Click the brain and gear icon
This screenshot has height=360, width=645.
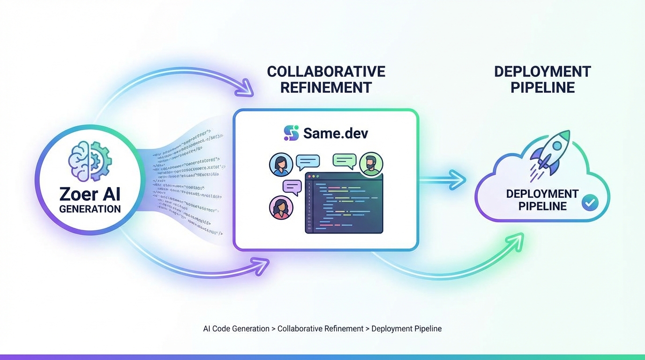click(x=90, y=162)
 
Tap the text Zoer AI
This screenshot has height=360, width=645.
click(x=90, y=194)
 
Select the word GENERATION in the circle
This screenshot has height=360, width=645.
click(x=90, y=209)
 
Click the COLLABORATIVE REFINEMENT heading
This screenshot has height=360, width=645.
click(x=326, y=79)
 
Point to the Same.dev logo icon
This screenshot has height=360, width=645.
click(x=291, y=133)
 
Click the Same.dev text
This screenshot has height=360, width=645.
click(x=335, y=133)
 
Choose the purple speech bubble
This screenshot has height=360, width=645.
click(x=292, y=187)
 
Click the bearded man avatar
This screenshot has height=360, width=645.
click(x=371, y=165)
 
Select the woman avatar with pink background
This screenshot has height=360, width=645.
click(x=281, y=207)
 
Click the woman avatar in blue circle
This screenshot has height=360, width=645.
click(x=281, y=165)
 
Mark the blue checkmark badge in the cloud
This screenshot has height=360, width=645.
click(x=589, y=202)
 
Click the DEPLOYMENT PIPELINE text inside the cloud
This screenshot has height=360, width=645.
click(x=542, y=200)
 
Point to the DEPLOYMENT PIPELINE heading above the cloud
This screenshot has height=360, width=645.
click(x=542, y=79)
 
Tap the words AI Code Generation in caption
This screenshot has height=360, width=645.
click(x=236, y=329)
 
